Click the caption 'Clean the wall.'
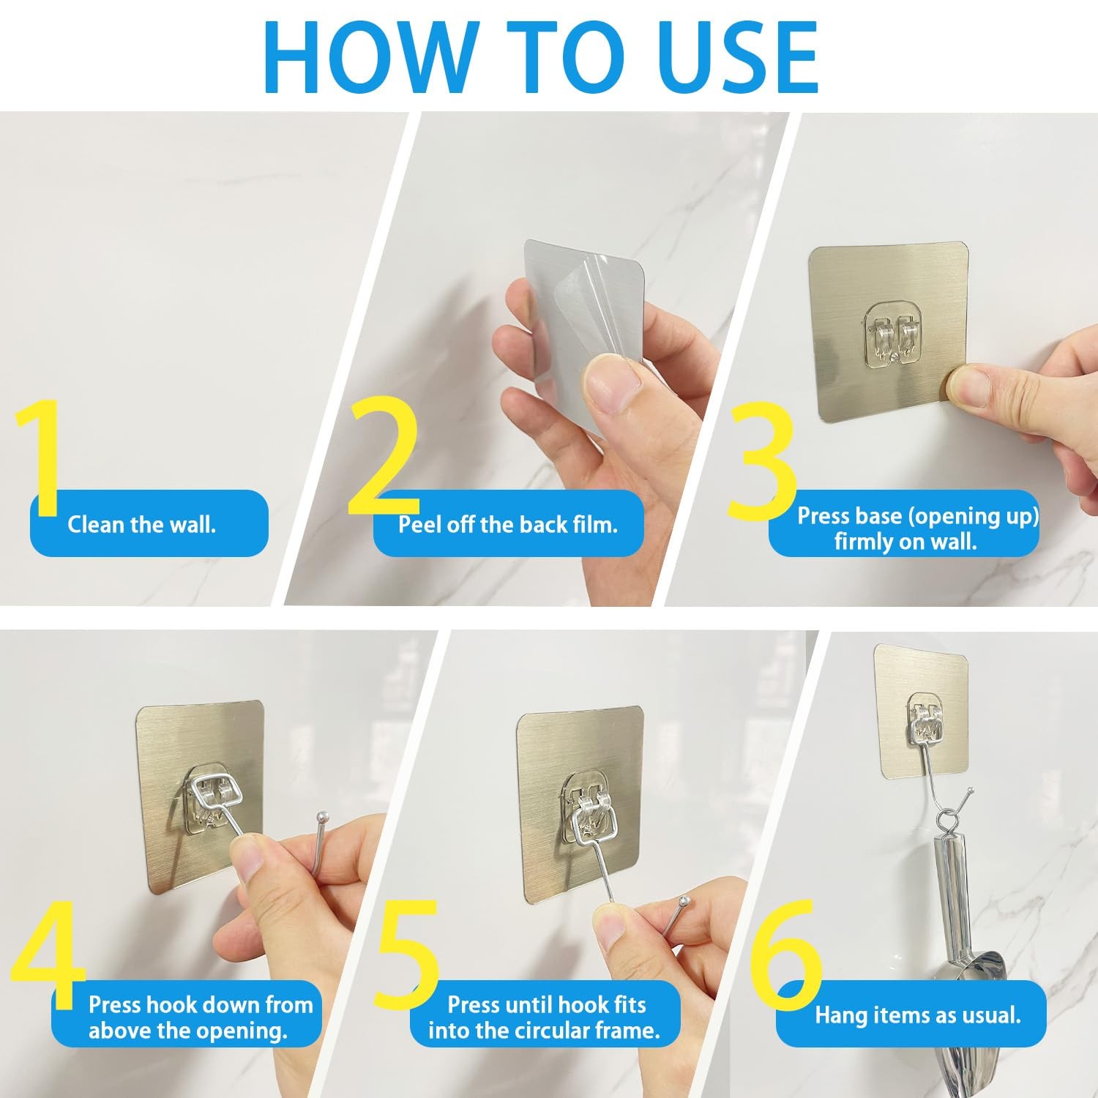click(x=141, y=524)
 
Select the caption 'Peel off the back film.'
click(x=508, y=524)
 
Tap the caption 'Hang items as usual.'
click(x=918, y=1015)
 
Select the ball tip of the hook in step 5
click(x=683, y=900)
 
